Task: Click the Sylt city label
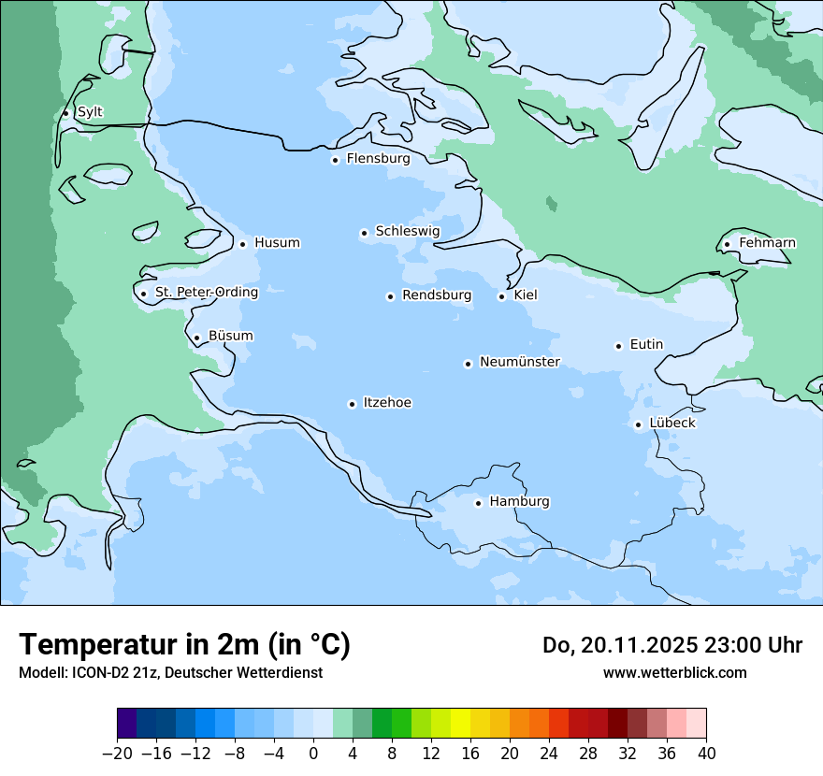tap(90, 112)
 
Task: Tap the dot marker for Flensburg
tap(335, 160)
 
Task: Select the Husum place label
tap(277, 243)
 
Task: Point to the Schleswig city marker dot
tap(365, 233)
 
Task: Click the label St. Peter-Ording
tap(206, 293)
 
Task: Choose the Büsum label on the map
tap(230, 336)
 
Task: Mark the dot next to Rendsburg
tap(390, 296)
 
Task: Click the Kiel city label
tap(526, 295)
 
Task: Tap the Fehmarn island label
tap(767, 243)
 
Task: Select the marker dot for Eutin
tap(618, 346)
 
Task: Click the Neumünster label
tap(520, 362)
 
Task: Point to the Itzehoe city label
tap(387, 403)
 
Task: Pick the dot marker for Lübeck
tap(638, 424)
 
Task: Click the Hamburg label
tap(519, 502)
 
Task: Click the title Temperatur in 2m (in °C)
tap(184, 644)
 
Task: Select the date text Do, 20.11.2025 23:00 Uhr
tap(671, 645)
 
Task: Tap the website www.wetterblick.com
tap(674, 672)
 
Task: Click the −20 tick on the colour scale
tap(117, 754)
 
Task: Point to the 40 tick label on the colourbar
tap(706, 754)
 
